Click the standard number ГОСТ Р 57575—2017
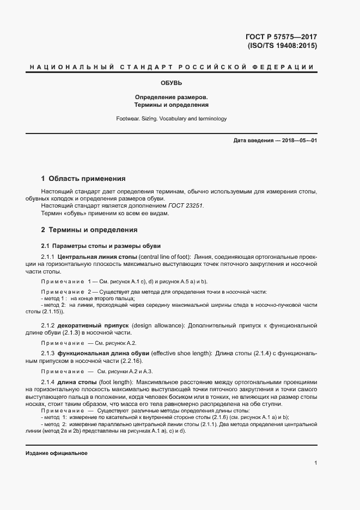[281, 37]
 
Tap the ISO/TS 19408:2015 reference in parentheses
[282, 46]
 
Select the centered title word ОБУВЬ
[171, 83]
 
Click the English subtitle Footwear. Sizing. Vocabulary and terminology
[171, 118]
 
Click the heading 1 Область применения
[83, 178]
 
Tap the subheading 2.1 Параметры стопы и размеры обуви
[101, 245]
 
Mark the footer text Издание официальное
[56, 453]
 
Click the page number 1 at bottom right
[316, 463]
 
